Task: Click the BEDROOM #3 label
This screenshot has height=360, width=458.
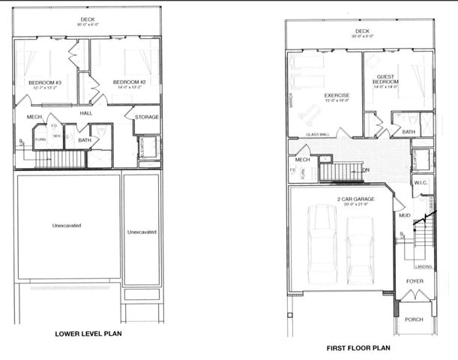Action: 43,82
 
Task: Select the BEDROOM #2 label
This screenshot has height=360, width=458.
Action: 127,82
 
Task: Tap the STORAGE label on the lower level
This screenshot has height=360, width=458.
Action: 146,117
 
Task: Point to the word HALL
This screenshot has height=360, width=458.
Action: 86,112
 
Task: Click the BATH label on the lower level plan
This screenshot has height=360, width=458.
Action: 85,139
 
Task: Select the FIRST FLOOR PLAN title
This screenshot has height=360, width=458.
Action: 358,348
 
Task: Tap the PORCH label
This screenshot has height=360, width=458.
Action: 414,319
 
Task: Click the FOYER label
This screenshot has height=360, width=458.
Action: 415,281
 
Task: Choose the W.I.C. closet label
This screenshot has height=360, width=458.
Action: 421,182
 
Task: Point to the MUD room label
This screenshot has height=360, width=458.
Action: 404,215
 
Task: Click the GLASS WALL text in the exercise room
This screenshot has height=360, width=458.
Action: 318,135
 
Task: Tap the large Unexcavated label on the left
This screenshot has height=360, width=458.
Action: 66,226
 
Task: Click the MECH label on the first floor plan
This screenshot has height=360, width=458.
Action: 302,159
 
